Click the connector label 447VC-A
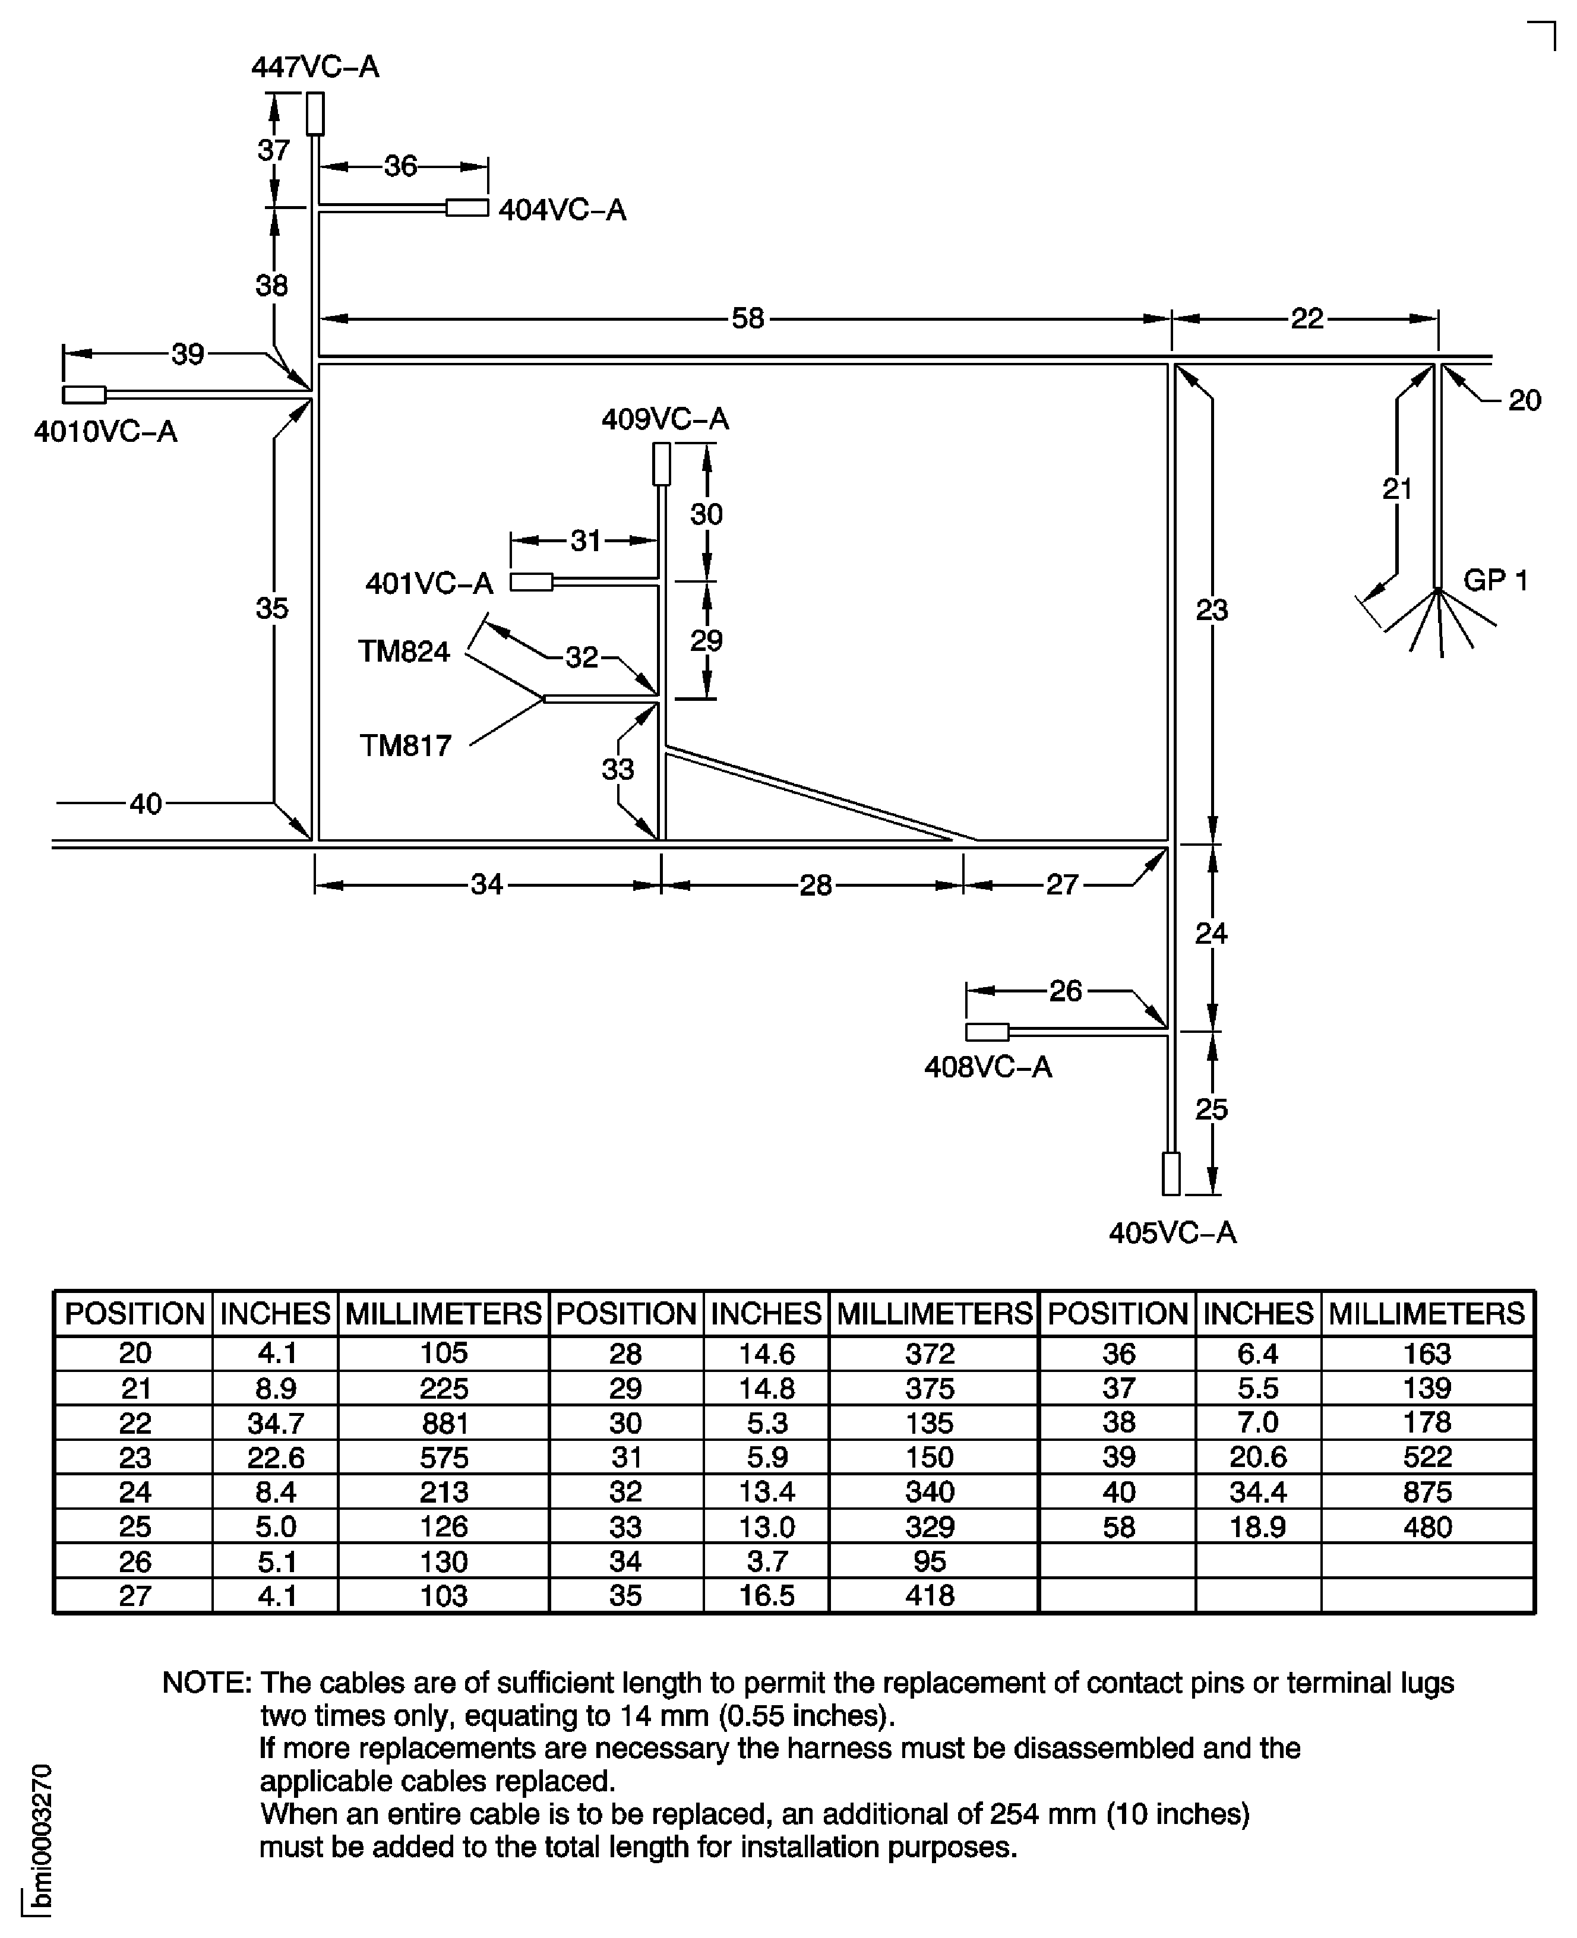(315, 67)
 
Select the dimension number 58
(748, 319)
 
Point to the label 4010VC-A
(105, 431)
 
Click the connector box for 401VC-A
(532, 582)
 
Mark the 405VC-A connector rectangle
(1172, 1174)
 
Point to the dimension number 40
(146, 804)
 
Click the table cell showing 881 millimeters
(444, 1423)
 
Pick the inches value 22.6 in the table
(275, 1458)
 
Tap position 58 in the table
(1118, 1526)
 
